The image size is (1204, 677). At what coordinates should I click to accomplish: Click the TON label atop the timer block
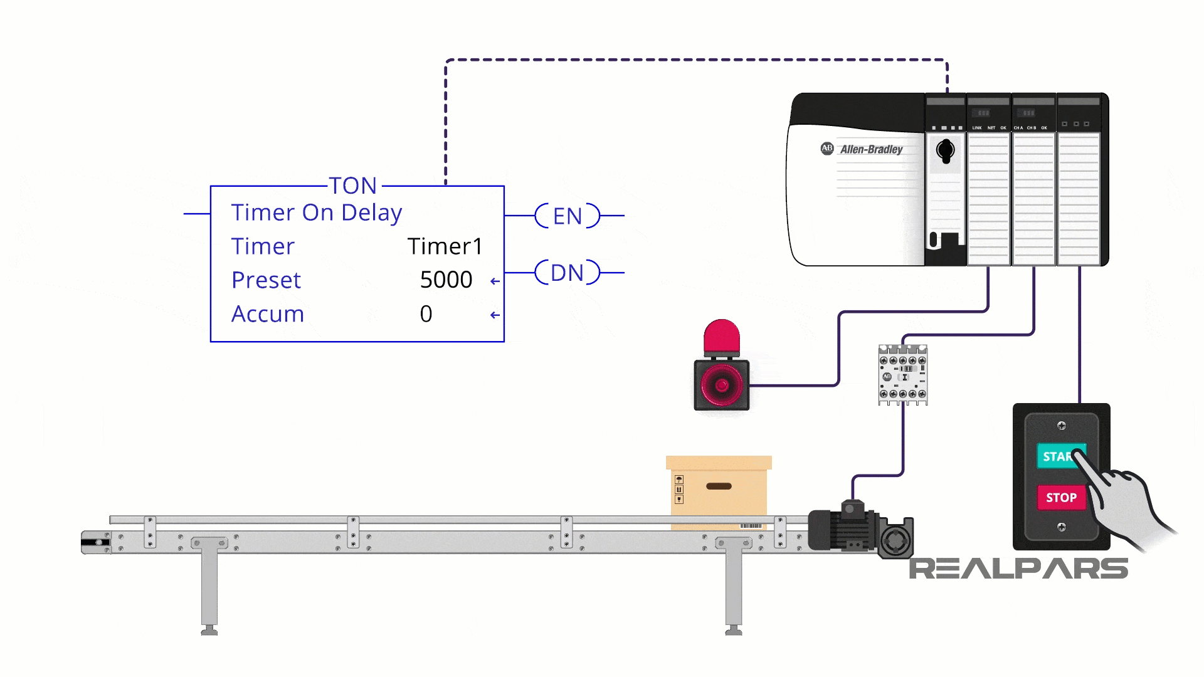pos(353,186)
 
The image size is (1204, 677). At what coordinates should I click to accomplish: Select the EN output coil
pos(568,216)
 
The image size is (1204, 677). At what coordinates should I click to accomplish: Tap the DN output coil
pos(568,273)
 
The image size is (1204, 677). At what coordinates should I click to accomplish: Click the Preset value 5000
pos(446,280)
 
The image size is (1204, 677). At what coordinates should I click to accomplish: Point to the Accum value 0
pos(426,313)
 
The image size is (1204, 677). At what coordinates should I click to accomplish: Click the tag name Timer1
pos(445,246)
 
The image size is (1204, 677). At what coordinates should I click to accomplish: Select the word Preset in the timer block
pos(266,280)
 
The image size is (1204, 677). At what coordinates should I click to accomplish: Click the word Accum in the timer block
pos(268,314)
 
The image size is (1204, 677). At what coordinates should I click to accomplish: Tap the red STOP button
pos(1061,498)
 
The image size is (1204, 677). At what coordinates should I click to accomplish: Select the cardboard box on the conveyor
pos(719,492)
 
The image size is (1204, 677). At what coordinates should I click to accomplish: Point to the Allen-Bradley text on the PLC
pos(871,150)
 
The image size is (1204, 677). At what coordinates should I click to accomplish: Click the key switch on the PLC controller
pos(945,151)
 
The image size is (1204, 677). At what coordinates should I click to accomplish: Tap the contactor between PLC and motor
pos(902,375)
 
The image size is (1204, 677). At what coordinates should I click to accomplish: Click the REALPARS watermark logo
pos(1018,569)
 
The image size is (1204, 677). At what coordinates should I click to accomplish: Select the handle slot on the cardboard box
pos(719,486)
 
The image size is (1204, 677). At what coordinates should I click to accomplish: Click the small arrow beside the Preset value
pos(495,281)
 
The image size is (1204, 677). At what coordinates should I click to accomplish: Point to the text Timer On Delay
pos(317,213)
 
